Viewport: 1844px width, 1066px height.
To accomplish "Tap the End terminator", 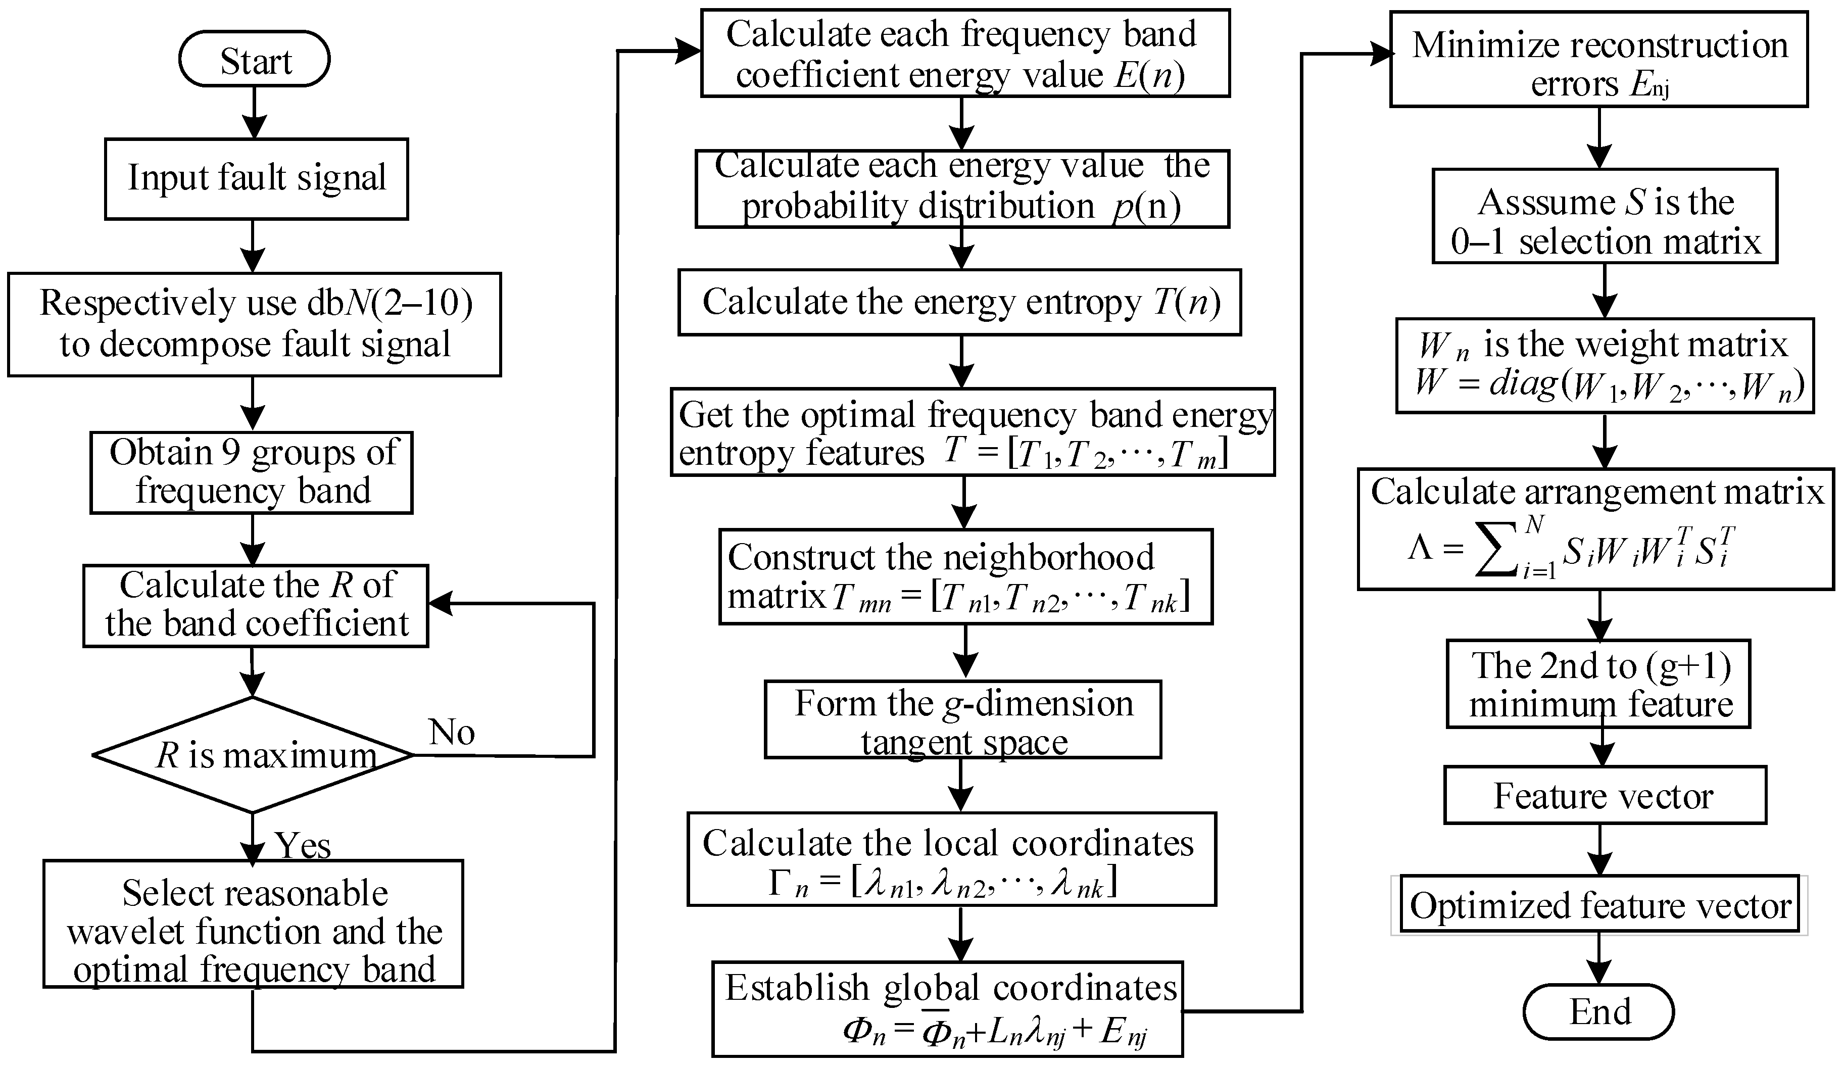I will click(x=1599, y=1012).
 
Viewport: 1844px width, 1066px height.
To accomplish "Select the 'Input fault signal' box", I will click(x=256, y=178).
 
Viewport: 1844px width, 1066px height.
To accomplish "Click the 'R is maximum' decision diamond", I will click(x=253, y=755).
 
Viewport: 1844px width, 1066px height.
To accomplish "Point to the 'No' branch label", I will click(x=452, y=732).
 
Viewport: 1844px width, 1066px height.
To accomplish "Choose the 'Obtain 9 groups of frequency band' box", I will click(x=252, y=472).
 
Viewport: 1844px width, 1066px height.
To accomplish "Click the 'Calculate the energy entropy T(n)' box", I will click(x=959, y=302).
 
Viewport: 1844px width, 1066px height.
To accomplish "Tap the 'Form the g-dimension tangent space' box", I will click(x=963, y=720).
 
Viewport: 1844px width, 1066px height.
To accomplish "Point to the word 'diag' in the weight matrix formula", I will click(x=1523, y=383).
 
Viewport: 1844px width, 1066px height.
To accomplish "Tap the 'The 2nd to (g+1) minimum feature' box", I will click(x=1599, y=684).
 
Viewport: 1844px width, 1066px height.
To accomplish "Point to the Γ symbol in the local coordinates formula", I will click(x=781, y=884).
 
